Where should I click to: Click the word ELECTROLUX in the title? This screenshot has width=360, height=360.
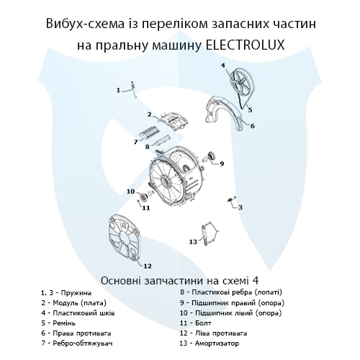(x=245, y=45)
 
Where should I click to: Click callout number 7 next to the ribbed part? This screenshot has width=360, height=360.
(x=135, y=141)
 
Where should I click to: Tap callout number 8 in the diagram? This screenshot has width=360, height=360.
(x=147, y=146)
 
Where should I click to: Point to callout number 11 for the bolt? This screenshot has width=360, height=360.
(x=145, y=208)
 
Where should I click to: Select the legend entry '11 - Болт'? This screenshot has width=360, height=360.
(x=205, y=323)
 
